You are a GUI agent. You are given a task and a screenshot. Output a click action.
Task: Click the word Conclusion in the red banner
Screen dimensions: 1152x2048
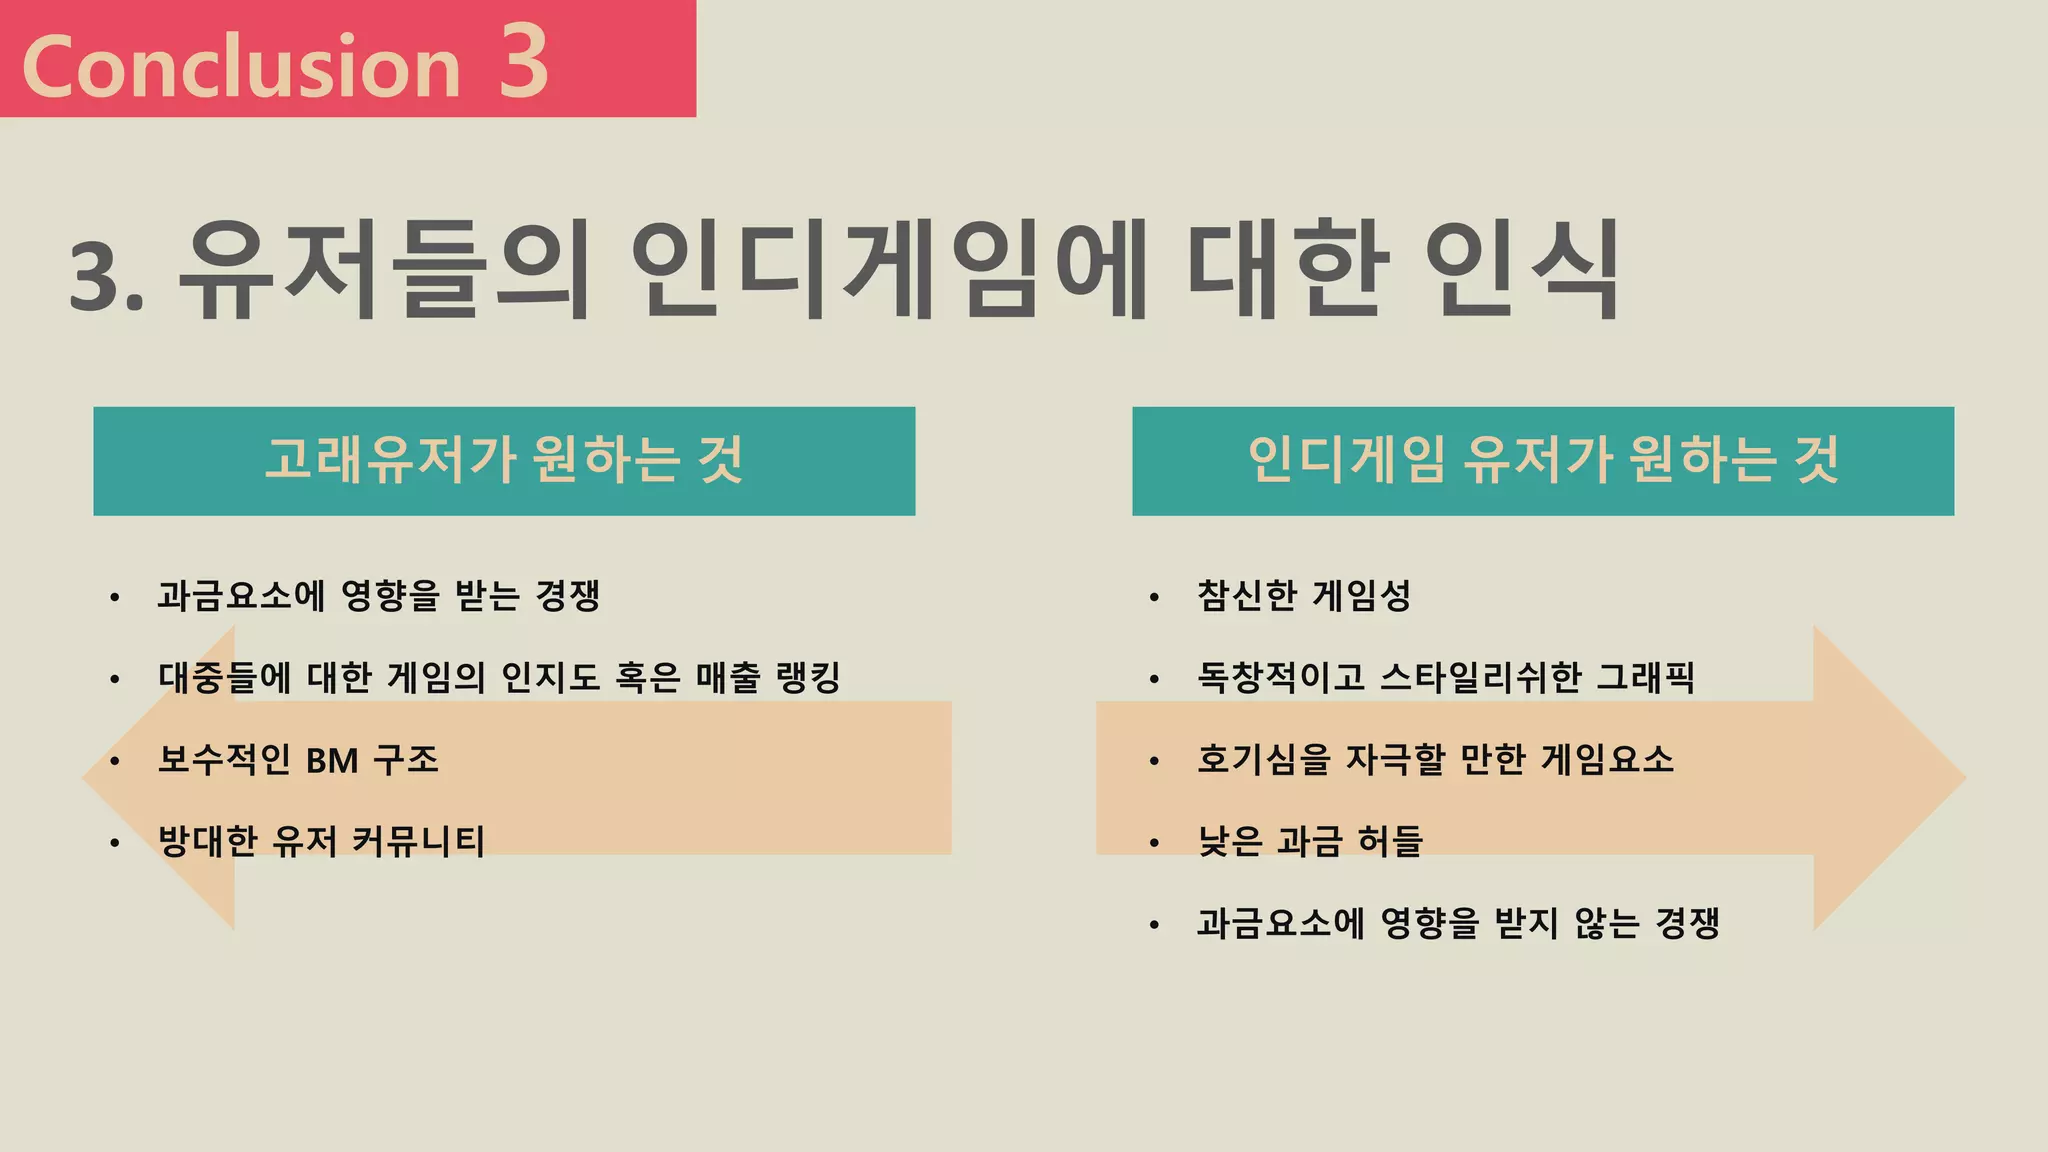coord(241,67)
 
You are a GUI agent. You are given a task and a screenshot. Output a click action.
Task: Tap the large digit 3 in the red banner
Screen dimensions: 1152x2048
coord(524,62)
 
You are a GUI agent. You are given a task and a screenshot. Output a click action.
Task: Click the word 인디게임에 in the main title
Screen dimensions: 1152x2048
coord(889,271)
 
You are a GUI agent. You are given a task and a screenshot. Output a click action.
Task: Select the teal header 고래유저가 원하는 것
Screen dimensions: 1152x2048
coord(504,461)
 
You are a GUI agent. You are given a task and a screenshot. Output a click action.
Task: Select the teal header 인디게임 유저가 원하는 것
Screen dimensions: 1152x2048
coord(1543,461)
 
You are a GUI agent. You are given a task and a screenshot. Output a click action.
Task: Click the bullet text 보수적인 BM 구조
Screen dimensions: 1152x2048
coord(298,760)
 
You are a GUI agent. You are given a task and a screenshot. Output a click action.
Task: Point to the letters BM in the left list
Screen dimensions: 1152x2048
coord(332,761)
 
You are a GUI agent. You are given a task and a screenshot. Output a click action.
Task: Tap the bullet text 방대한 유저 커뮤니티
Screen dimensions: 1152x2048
coord(321,841)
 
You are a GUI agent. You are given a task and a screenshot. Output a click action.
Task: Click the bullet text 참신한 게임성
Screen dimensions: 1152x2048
coord(1304,596)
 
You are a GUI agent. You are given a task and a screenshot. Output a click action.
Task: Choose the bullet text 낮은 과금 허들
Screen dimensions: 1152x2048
coord(1309,841)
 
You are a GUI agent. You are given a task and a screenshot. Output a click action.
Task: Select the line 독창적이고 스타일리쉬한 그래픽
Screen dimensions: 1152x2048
coord(1446,678)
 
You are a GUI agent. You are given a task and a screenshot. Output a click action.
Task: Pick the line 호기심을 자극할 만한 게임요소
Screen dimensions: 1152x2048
coord(1435,760)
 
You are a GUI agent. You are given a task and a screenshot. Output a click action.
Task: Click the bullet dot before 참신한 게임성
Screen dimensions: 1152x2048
coord(1154,598)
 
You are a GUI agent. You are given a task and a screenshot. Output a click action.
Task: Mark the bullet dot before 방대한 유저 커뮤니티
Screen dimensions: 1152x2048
coord(115,843)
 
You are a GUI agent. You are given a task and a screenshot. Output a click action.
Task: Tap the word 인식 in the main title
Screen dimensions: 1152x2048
coord(1521,271)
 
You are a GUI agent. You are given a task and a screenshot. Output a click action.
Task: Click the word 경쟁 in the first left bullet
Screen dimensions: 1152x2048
coord(567,596)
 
